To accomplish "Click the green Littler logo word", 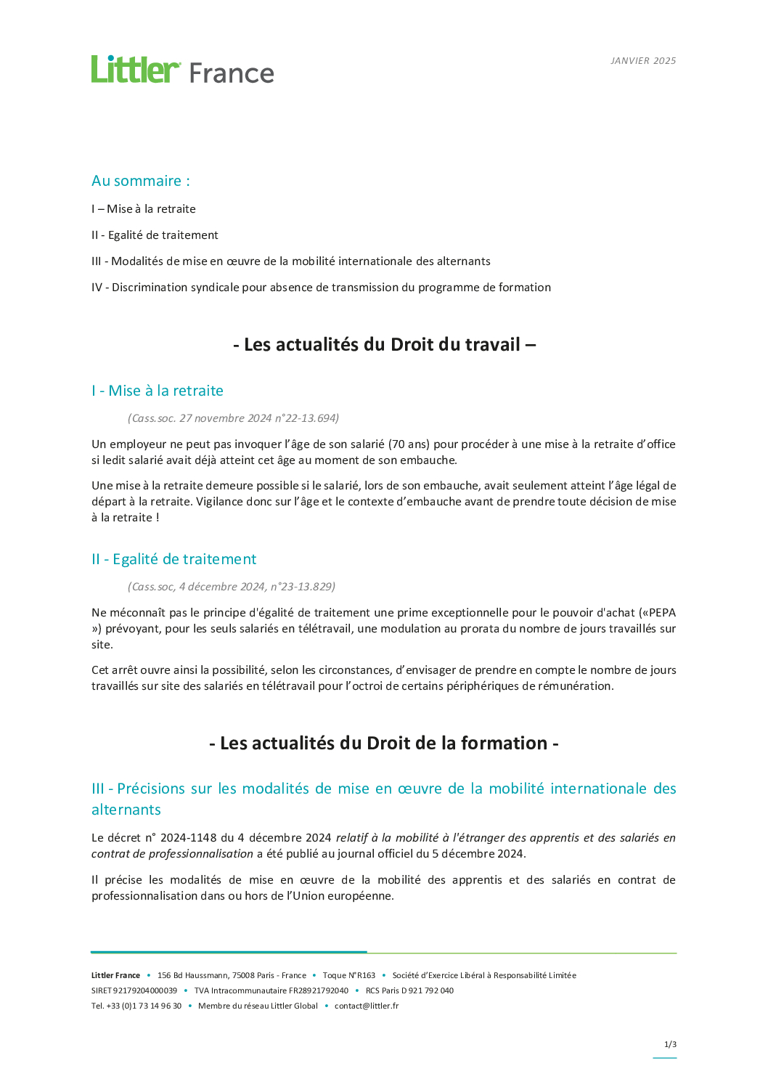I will [135, 70].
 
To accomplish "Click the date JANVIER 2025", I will [643, 61].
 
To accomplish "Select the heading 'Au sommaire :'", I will [140, 181].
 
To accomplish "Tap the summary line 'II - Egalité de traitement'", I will [155, 235].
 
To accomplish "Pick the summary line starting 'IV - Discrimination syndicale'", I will [321, 288].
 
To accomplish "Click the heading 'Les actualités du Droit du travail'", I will [384, 344].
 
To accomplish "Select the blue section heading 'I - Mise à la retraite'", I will [158, 391].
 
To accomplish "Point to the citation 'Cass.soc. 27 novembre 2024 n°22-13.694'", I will [233, 418].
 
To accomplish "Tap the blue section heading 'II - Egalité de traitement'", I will [174, 559].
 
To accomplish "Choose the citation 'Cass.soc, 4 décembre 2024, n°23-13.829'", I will [232, 587].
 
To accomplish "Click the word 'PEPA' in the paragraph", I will [662, 613].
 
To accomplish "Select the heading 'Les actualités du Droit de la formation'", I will [384, 743].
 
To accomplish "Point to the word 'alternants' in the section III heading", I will [126, 810].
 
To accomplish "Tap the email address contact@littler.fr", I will [367, 1006].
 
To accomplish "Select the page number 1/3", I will [670, 1044].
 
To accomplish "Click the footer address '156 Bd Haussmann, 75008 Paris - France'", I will [232, 975].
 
